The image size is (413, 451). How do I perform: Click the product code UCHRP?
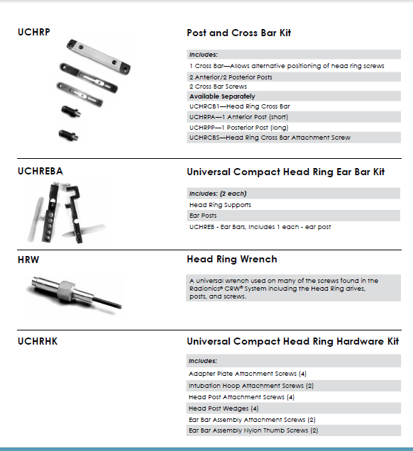(x=33, y=32)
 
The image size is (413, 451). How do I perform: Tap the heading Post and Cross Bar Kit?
(x=239, y=33)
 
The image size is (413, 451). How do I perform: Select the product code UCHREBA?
(x=40, y=171)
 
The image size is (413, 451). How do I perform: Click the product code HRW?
(x=28, y=260)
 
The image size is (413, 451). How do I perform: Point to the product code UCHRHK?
(x=38, y=341)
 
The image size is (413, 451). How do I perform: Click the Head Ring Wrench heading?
(x=232, y=259)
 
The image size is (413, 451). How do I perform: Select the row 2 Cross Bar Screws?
(x=218, y=87)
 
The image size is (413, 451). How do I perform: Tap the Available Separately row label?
(x=222, y=96)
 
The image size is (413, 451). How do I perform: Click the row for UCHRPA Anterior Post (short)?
(x=238, y=117)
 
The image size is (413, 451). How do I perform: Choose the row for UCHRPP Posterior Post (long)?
(x=239, y=128)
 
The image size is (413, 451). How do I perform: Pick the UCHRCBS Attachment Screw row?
(x=270, y=138)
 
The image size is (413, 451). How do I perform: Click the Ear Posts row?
(x=203, y=216)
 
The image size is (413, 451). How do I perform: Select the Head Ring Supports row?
(x=220, y=205)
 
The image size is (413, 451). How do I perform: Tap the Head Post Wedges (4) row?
(x=224, y=408)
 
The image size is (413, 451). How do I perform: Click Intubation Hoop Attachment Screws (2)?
(x=251, y=386)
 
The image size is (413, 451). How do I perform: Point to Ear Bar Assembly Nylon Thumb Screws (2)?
(x=253, y=430)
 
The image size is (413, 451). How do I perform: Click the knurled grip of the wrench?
(x=66, y=291)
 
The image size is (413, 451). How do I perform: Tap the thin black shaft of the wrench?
(x=108, y=302)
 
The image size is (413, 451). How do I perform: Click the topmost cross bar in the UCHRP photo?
(x=99, y=57)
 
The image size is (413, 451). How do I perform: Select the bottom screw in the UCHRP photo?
(x=68, y=135)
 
